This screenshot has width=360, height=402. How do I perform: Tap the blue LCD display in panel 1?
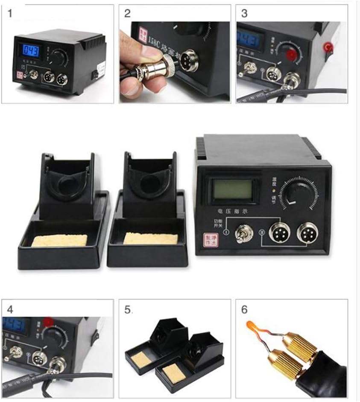pos(31,51)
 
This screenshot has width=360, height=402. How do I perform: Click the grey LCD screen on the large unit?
pos(233,188)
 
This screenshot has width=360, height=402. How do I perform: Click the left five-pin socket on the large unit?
pos(279,233)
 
